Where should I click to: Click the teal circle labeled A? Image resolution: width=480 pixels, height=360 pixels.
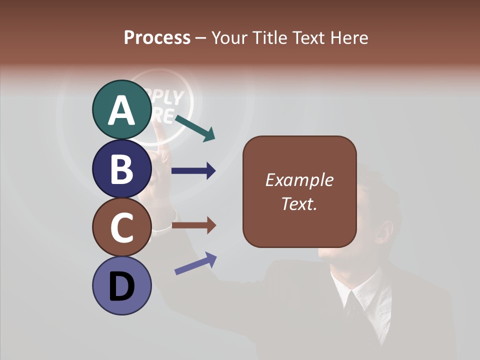[121, 109]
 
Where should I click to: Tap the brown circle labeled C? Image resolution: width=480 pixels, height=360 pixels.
[121, 227]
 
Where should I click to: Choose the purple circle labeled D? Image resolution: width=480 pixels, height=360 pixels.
[121, 285]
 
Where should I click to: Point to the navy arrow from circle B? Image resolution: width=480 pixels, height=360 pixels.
[193, 171]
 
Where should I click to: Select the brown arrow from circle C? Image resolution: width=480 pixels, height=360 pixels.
[193, 225]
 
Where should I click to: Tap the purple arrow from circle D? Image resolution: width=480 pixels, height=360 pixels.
[195, 263]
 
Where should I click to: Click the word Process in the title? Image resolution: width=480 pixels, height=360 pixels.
[157, 38]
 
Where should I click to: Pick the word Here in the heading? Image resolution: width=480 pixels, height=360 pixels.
[349, 38]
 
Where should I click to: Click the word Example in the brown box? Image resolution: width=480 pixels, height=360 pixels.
[299, 180]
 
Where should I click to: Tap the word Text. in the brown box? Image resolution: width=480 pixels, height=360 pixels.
[299, 203]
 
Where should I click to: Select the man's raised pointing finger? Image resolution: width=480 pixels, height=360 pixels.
[159, 131]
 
